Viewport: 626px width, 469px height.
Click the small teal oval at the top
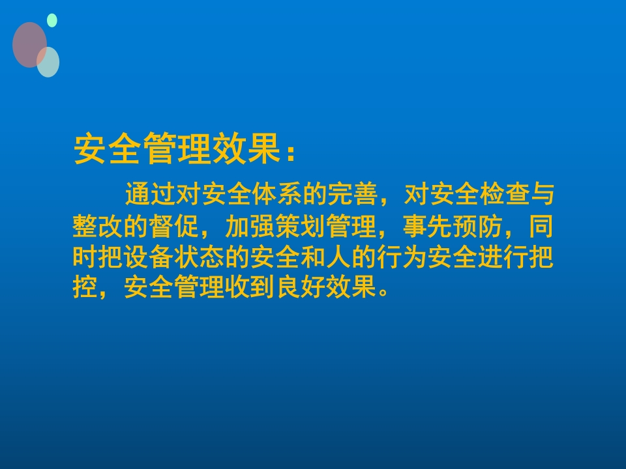[x=52, y=21]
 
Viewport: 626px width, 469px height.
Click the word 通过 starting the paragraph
[x=149, y=195]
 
